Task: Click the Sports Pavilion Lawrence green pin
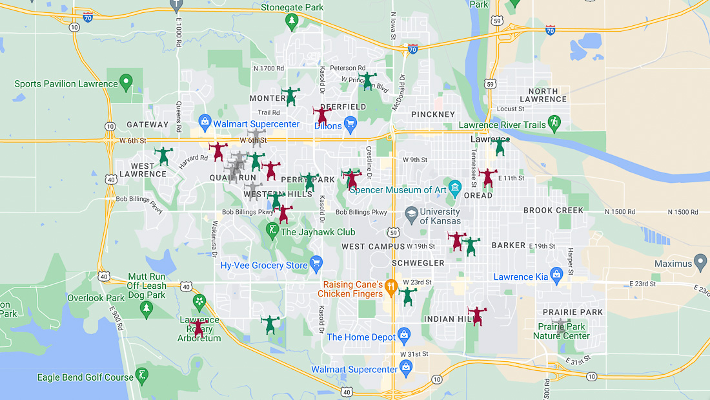[x=127, y=82]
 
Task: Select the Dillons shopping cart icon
[x=350, y=123]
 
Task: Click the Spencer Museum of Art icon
[x=455, y=188]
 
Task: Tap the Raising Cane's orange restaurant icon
[x=390, y=285]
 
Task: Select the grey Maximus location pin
[x=700, y=262]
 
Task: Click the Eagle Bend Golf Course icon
[x=142, y=375]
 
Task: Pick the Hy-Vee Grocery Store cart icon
[x=316, y=262]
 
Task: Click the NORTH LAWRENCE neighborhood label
[x=543, y=95]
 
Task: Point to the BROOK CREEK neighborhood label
[x=553, y=210]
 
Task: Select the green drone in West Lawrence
[x=163, y=156]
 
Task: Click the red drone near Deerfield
[x=321, y=116]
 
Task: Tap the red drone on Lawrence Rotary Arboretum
[x=199, y=328]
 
